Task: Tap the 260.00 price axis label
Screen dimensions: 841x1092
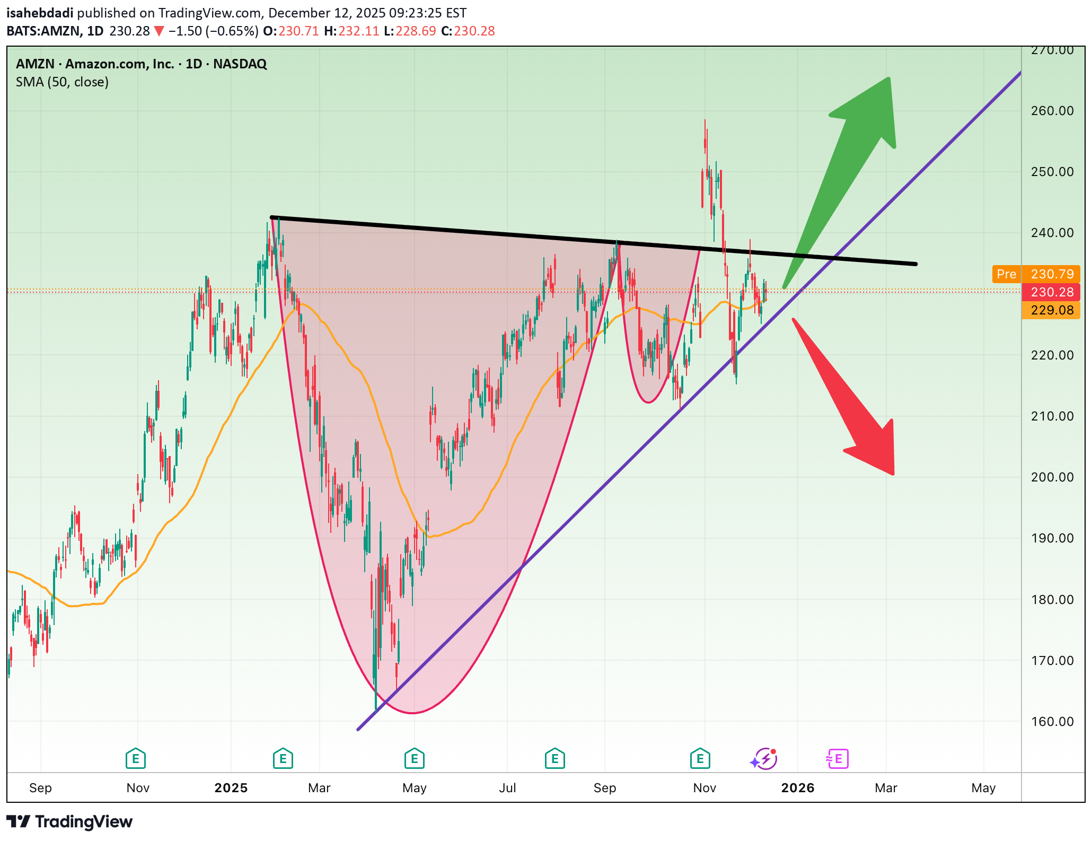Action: pyautogui.click(x=1052, y=111)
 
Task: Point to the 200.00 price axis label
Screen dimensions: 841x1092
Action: pyautogui.click(x=1052, y=477)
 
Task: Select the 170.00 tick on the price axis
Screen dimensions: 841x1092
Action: pyautogui.click(x=1052, y=661)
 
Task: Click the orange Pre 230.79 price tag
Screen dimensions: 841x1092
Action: pyautogui.click(x=1036, y=274)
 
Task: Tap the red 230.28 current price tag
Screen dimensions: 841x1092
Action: pyautogui.click(x=1052, y=292)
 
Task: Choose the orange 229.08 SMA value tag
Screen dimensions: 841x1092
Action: pyautogui.click(x=1052, y=310)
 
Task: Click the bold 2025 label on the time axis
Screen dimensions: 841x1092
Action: pyautogui.click(x=231, y=788)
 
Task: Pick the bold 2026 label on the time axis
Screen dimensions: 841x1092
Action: pyautogui.click(x=798, y=788)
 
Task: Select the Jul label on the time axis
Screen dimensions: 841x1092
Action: pyautogui.click(x=507, y=788)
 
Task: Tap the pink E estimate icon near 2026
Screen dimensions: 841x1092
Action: pyautogui.click(x=838, y=759)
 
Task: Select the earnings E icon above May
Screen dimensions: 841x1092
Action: pyautogui.click(x=414, y=759)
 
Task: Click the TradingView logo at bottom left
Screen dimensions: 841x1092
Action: pyautogui.click(x=69, y=822)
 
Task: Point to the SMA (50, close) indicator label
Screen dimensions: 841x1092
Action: pyautogui.click(x=62, y=82)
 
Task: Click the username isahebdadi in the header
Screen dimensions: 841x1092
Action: pyautogui.click(x=40, y=13)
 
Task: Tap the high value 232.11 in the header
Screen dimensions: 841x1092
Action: pyautogui.click(x=359, y=31)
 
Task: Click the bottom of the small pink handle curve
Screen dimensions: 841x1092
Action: pyautogui.click(x=649, y=402)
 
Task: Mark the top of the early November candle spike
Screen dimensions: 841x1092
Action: pyautogui.click(x=705, y=121)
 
